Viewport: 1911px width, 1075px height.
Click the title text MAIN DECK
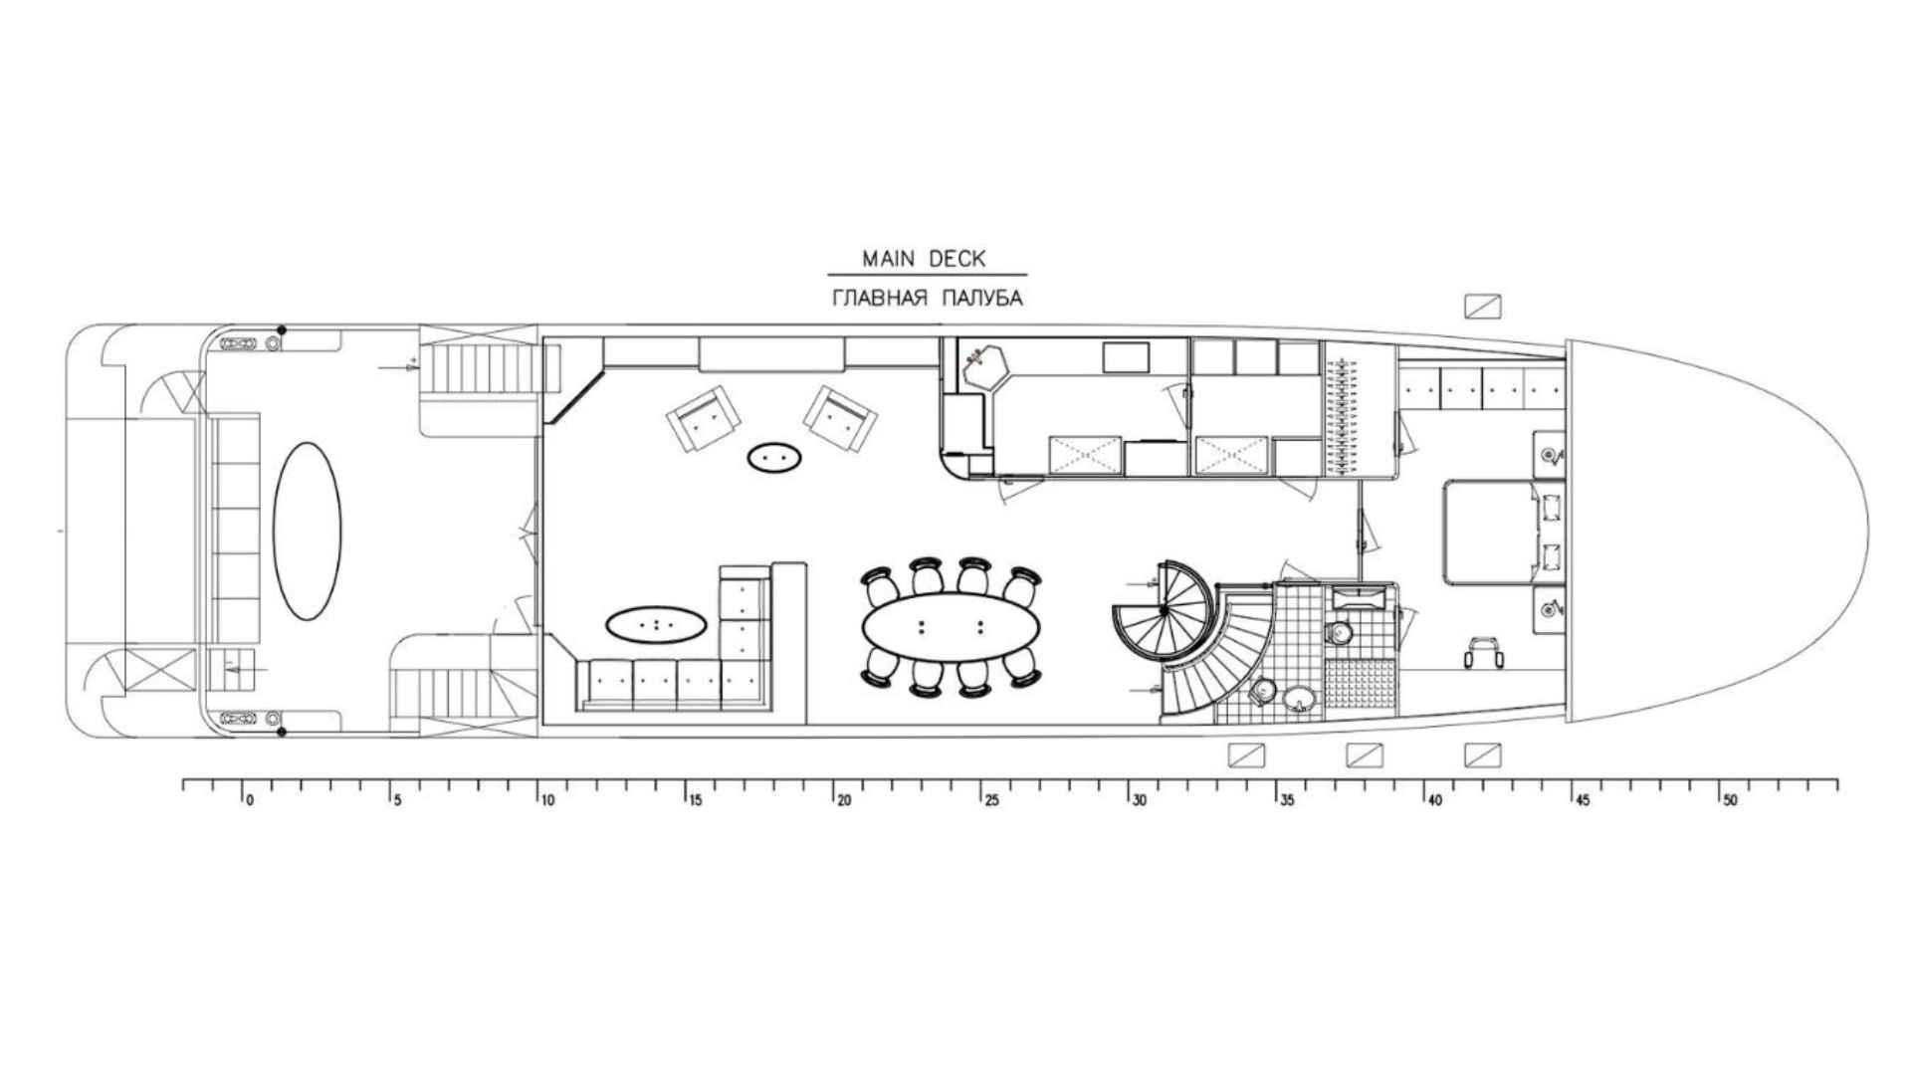click(924, 259)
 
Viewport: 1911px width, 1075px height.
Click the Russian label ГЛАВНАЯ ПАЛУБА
click(927, 298)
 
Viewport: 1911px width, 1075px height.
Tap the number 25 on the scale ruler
click(991, 800)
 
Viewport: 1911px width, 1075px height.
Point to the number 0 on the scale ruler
click(250, 800)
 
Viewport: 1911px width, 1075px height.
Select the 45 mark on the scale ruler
click(1583, 800)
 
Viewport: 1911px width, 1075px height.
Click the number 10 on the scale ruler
click(547, 800)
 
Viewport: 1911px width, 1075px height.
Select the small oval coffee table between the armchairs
click(774, 457)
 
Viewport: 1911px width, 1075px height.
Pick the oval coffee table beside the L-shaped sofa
click(656, 625)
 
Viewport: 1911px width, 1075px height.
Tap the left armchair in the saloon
click(704, 419)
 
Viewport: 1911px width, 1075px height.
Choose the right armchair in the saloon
click(841, 418)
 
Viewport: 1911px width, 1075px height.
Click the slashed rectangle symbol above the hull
click(1483, 306)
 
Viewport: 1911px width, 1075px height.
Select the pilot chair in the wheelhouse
click(1483, 652)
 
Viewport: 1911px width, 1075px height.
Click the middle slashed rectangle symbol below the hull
click(1365, 755)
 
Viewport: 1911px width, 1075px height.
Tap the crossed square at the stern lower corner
click(161, 671)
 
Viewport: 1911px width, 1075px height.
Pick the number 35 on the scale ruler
click(1287, 800)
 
